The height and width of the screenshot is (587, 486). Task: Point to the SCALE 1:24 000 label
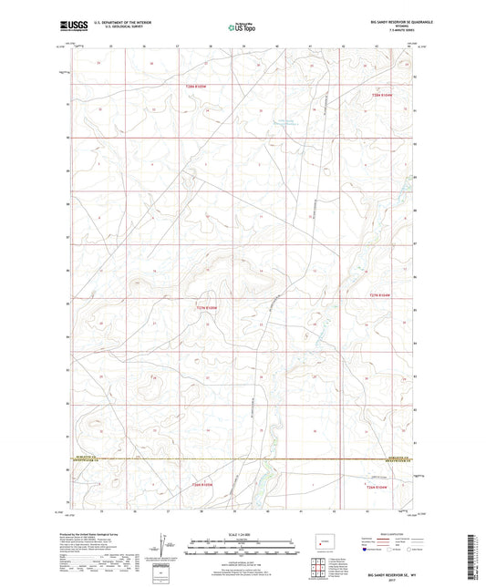point(242,533)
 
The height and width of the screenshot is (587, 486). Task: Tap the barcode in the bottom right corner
point(472,556)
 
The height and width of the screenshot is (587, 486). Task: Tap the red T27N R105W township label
point(209,307)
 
